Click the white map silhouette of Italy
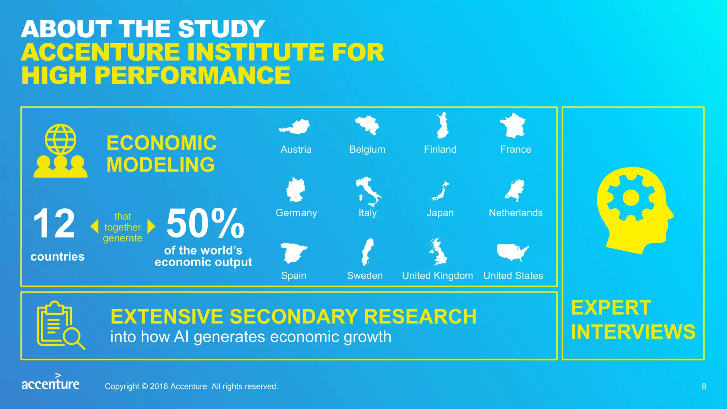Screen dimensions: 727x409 (368, 192)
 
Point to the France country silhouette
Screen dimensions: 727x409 (512, 126)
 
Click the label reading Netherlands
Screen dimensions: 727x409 (515, 213)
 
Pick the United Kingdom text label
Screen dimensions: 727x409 (437, 276)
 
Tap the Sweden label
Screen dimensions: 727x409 (365, 276)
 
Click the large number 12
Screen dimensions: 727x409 (54, 223)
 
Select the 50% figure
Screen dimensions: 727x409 (205, 223)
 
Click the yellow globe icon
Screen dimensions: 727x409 (60, 139)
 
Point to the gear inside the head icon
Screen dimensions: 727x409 (631, 198)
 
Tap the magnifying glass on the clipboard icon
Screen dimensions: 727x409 (74, 338)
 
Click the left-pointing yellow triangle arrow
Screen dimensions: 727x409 (94, 226)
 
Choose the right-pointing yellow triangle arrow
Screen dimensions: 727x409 (152, 226)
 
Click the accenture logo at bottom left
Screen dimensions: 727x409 (50, 382)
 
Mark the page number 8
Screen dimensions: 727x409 (704, 386)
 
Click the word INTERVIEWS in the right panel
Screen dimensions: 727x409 (633, 332)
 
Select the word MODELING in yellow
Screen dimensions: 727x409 (160, 165)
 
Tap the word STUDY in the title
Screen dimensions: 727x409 (222, 29)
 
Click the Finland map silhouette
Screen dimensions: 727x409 (442, 126)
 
